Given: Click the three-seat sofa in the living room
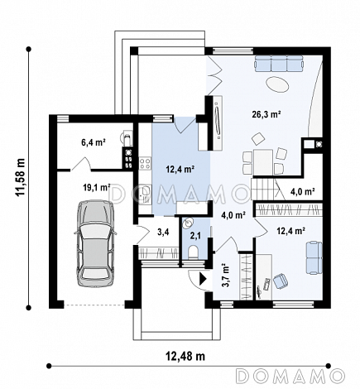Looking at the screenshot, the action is [279, 64].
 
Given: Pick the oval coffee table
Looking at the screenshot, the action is [277, 84].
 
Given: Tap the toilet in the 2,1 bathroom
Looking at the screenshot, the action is [193, 252].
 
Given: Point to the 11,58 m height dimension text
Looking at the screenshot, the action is [21, 177].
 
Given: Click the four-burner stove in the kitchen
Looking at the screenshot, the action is [145, 163].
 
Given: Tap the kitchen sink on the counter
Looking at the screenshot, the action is [145, 191].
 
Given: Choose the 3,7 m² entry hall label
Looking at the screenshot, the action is [225, 276].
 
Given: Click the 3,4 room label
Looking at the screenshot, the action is [163, 233].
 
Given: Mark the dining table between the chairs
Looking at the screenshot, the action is [263, 161].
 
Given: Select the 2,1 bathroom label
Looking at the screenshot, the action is [195, 236].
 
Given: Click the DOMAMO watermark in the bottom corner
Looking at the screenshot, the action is [290, 376].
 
